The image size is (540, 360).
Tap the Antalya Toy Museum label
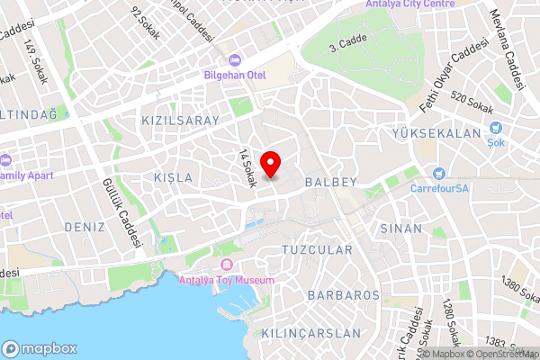[x=228, y=279]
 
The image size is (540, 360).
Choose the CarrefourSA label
[x=441, y=189]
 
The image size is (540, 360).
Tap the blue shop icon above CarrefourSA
[x=439, y=174]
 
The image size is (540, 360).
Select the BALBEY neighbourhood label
[x=330, y=182]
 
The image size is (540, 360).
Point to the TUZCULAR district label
[x=316, y=248]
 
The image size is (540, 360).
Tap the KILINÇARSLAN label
[x=310, y=333]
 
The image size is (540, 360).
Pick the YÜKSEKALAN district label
[x=437, y=133]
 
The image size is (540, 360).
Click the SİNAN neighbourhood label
[x=400, y=229]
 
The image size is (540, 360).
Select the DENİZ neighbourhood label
[x=85, y=229]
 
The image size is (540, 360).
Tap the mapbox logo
[x=39, y=348]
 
